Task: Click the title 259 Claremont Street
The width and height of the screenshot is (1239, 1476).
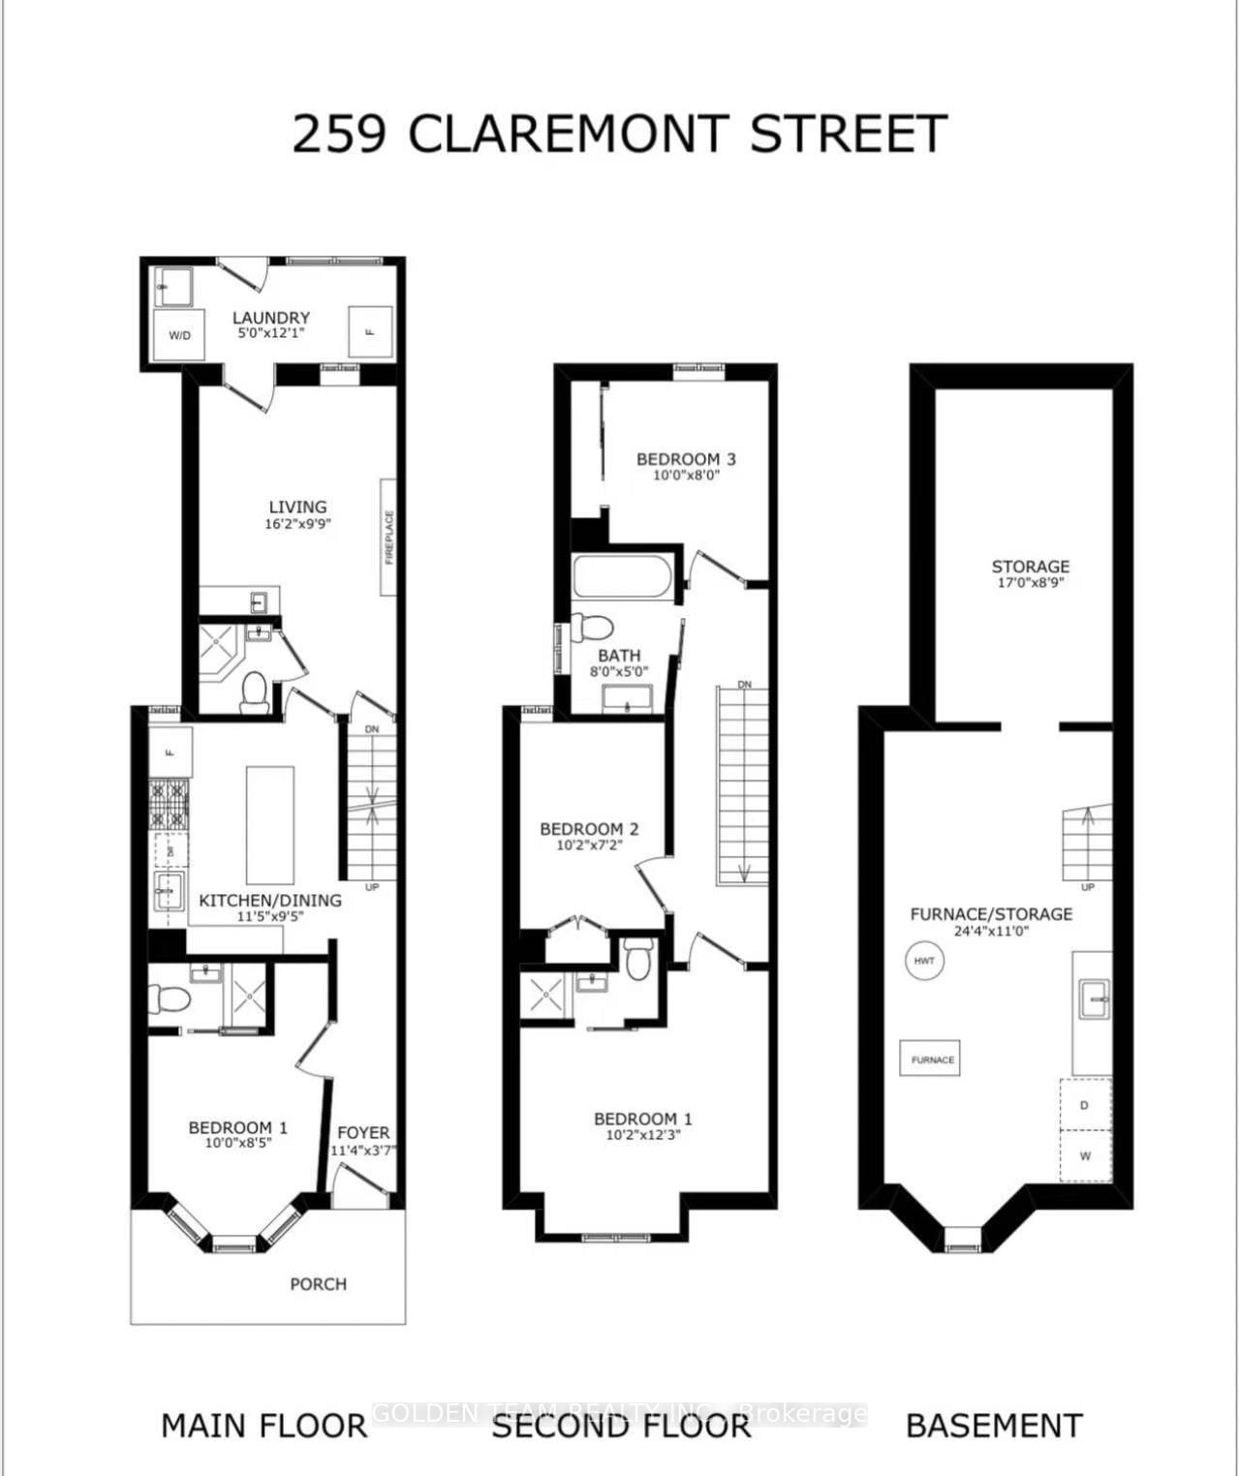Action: (x=619, y=134)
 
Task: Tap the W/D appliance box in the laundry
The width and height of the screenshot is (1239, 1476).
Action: (x=179, y=335)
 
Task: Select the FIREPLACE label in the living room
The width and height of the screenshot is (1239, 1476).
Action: (x=388, y=538)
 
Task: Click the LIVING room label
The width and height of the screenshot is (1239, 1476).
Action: (x=297, y=507)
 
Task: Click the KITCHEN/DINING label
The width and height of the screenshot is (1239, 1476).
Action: (x=270, y=900)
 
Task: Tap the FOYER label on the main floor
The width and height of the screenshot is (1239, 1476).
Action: (x=363, y=1132)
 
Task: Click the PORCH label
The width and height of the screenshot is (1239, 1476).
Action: (x=318, y=1283)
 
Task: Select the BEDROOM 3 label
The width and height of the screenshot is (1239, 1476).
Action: (x=686, y=459)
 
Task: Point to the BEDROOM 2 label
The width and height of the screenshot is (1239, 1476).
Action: (x=589, y=829)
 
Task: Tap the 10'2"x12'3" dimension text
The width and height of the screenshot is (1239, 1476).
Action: (x=643, y=1135)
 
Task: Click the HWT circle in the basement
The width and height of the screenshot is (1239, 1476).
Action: (x=924, y=961)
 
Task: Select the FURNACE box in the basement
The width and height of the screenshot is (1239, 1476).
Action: (x=933, y=1060)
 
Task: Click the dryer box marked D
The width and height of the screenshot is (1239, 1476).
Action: (x=1084, y=1105)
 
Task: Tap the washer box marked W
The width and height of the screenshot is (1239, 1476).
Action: (x=1084, y=1155)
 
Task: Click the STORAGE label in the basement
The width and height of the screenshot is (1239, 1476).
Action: (x=1030, y=567)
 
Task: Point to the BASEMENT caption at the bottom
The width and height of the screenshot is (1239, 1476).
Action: (x=994, y=1426)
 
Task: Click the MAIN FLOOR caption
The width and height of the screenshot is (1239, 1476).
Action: (x=263, y=1426)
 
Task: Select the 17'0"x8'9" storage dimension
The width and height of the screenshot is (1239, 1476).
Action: (x=1030, y=583)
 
